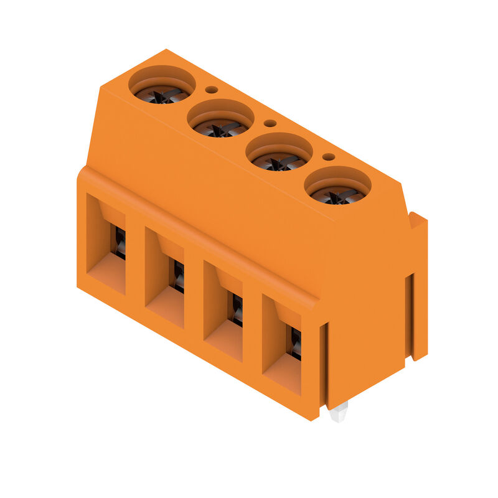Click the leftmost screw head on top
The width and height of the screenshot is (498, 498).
click(161, 93)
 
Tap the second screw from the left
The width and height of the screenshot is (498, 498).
click(220, 127)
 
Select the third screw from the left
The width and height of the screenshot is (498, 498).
click(278, 161)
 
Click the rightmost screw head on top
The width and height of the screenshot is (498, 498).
click(337, 195)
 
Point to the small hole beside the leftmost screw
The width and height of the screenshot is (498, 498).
click(212, 90)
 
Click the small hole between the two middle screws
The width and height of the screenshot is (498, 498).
click(270, 123)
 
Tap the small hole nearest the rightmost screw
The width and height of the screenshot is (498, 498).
click(329, 157)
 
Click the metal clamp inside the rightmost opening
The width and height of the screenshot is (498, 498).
click(295, 343)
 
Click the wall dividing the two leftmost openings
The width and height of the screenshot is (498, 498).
click(135, 261)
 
